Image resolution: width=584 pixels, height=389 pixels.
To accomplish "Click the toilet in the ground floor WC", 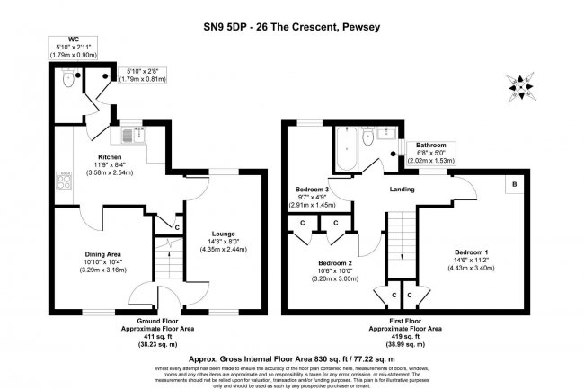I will point(68,79).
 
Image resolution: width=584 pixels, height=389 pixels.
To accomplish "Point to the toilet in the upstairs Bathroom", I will point(369,139).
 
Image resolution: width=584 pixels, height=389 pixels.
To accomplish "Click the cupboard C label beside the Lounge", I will point(179,227).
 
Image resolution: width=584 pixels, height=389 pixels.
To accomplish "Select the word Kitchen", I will point(97,155).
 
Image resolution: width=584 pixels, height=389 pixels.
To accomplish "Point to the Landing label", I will point(402,190).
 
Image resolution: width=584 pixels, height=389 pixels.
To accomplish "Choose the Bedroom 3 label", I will point(314,190).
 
